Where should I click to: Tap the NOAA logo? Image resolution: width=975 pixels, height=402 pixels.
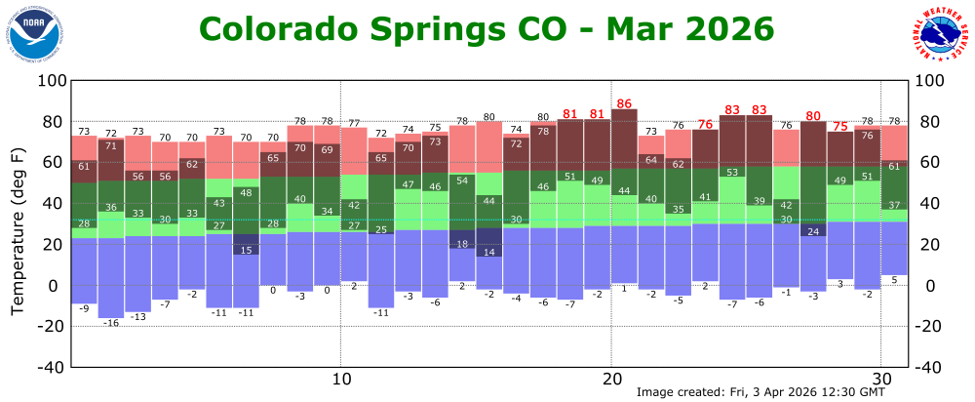click(x=37, y=31)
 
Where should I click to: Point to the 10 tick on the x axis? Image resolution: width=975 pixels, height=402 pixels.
click(x=340, y=379)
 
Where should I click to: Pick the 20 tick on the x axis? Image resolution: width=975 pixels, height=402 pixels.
click(x=611, y=379)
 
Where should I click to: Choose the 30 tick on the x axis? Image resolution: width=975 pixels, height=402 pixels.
click(x=881, y=379)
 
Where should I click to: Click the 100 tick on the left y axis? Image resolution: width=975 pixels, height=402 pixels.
click(x=50, y=81)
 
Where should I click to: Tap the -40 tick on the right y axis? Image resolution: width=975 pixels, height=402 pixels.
click(x=930, y=367)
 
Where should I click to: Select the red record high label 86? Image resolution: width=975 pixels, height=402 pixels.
click(x=625, y=103)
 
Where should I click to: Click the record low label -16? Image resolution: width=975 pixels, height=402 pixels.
click(x=111, y=323)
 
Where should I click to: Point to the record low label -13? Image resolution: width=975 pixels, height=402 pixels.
click(x=138, y=317)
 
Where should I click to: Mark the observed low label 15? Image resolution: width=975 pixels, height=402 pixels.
click(x=247, y=251)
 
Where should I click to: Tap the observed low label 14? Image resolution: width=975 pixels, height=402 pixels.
click(x=489, y=253)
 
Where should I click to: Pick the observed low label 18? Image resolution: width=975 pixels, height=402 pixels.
click(x=462, y=244)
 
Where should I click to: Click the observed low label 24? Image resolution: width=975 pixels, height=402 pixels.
click(x=814, y=232)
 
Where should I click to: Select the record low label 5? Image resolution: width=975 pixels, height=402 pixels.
click(x=895, y=280)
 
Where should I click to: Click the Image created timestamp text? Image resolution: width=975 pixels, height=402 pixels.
click(x=760, y=392)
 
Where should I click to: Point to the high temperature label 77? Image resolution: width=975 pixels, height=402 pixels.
click(x=354, y=122)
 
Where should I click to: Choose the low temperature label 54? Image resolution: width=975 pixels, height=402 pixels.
click(x=462, y=181)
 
